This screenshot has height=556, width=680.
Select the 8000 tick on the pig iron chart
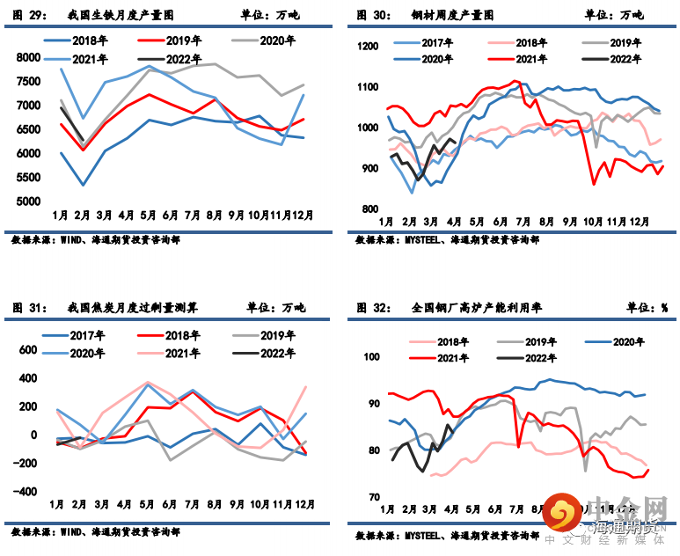pos(28,57)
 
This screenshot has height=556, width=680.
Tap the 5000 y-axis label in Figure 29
pos(28,201)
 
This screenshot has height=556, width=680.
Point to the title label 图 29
pos(30,15)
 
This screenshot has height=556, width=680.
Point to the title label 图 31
pos(30,308)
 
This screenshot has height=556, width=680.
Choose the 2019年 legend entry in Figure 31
pos(276,336)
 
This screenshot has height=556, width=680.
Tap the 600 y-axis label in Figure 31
pos(28,349)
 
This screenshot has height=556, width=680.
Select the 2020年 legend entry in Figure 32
pos(621,341)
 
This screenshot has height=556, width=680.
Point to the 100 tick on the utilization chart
pos(370,357)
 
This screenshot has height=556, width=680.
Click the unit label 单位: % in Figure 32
pos(647,308)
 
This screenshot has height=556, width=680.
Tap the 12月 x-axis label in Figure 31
pos(305,504)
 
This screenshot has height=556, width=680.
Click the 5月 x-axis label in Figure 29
pos(148,215)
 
